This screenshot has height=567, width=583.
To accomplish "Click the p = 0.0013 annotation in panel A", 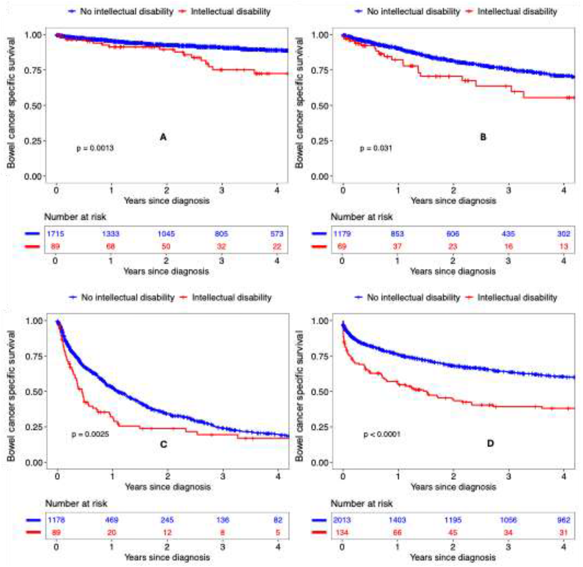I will point(95,148).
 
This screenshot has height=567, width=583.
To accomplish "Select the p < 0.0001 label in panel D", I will point(382,434).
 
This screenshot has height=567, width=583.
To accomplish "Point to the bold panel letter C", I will point(164,444).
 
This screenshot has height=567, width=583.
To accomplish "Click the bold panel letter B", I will point(483,137).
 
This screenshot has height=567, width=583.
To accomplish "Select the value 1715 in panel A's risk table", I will point(55,234).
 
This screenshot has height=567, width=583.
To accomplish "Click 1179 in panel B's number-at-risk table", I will point(342,234).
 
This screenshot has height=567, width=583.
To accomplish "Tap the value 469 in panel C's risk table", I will point(111,520).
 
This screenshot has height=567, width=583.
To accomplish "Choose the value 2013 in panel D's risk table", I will point(342,520).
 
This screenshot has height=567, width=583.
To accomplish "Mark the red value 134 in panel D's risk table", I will point(342,532).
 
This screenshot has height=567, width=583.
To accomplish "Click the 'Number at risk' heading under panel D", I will point(362,503).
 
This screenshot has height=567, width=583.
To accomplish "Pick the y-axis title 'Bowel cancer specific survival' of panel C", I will point(11,396).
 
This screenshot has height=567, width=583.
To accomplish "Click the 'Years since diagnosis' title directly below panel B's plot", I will point(453,201).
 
